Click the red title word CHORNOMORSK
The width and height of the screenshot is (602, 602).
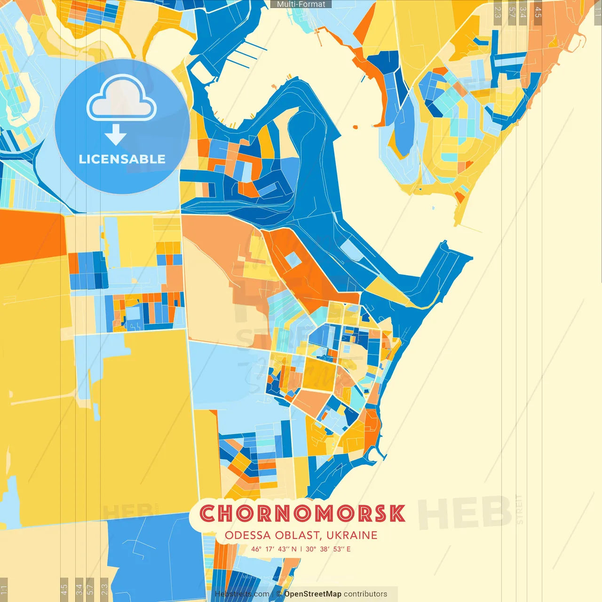coord(302,514)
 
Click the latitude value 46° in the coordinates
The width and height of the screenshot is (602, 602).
coord(256,549)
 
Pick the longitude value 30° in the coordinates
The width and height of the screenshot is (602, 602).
coord(310,549)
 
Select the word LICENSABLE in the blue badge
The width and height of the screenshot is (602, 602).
coord(122,159)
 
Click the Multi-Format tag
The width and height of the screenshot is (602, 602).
coord(301,4)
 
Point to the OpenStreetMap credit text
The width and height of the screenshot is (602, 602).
coord(313,594)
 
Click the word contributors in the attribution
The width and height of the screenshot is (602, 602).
coord(365,594)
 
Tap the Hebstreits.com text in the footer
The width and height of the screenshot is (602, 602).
coord(242,594)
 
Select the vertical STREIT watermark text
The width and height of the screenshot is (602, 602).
coord(519,509)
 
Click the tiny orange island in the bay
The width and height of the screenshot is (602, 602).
coord(355,126)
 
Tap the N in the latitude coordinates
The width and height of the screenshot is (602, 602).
coord(294,549)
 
